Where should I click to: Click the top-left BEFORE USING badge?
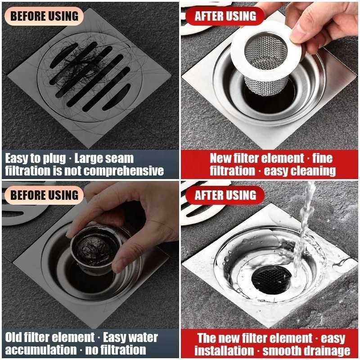tap(44, 16)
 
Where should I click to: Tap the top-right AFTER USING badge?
tap(225, 17)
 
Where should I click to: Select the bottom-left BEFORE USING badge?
tap(44, 195)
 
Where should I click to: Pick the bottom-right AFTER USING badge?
tap(225, 195)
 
